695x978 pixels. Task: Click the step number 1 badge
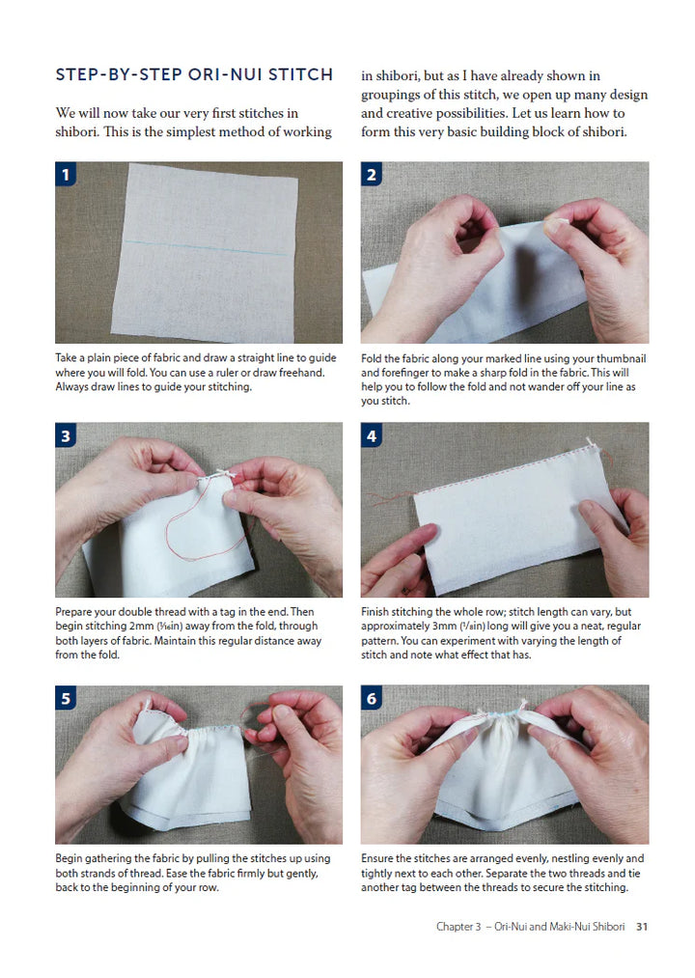tap(66, 174)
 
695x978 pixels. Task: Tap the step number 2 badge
tap(372, 174)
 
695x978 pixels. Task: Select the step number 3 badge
tap(66, 435)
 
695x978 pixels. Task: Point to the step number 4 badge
tap(372, 435)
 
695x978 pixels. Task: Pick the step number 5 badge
tap(66, 698)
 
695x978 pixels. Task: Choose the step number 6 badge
tap(372, 698)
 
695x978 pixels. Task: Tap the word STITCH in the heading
tap(301, 75)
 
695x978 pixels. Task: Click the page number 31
tap(642, 927)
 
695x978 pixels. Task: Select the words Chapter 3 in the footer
tap(459, 927)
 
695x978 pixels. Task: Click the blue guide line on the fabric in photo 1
tap(207, 247)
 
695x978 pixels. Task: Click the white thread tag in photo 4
tap(592, 445)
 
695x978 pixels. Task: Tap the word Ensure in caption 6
tap(376, 858)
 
